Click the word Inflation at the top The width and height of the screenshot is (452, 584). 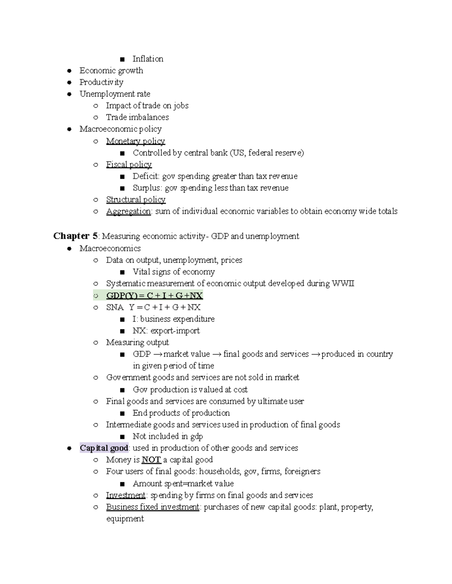148,59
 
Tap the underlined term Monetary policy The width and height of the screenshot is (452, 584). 135,141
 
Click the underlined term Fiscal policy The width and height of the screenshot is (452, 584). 129,165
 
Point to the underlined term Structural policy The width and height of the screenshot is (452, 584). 136,200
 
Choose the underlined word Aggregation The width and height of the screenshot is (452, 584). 128,211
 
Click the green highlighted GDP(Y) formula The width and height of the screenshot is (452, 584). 154,296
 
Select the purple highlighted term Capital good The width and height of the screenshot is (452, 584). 104,448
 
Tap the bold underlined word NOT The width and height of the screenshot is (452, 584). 151,460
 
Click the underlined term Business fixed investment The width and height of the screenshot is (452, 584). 153,507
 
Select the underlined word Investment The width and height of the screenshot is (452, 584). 125,495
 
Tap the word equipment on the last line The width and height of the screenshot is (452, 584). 125,519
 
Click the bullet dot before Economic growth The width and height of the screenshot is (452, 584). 69,71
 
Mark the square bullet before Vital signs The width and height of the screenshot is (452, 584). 122,272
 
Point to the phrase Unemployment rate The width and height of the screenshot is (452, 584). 115,94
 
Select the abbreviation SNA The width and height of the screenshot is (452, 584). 115,308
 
